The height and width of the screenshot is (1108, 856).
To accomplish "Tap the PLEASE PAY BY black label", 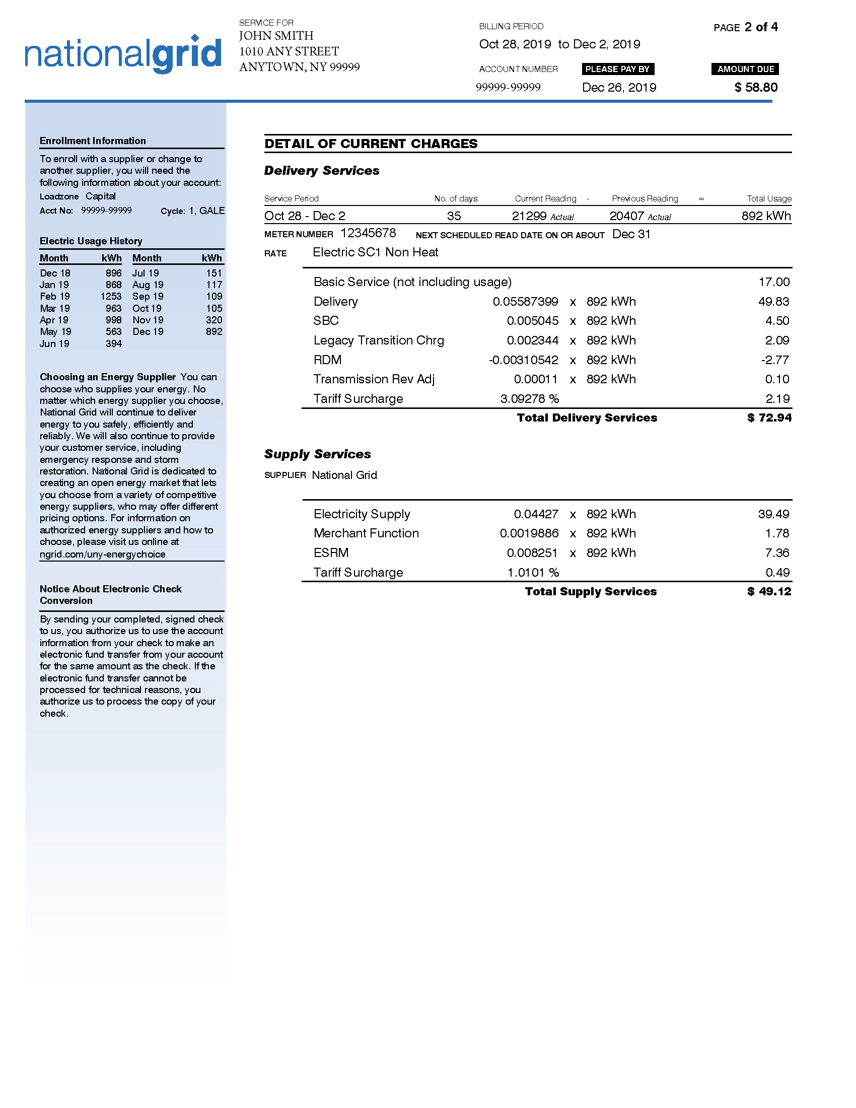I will tap(617, 69).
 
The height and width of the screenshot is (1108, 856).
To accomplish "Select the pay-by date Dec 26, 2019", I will tap(619, 88).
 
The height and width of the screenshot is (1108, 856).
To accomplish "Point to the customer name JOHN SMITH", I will tap(276, 36).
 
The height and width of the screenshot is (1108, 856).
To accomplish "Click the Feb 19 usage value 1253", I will tap(111, 296).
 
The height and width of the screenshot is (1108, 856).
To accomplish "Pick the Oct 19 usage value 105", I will tap(213, 308).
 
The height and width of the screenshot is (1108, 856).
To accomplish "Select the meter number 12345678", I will tap(368, 233).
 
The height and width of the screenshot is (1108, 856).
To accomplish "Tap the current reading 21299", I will tap(529, 216).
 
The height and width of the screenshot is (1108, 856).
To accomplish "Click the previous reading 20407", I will tap(626, 216).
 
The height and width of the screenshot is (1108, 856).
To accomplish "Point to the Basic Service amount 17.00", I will tap(774, 282).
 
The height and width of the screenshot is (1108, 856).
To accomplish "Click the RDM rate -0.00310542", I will tap(523, 360).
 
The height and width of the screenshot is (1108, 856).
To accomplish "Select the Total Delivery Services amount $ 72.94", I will tap(769, 418).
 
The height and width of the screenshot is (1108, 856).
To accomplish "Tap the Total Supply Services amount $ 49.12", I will tap(769, 592).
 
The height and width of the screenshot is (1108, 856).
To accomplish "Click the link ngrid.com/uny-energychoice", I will tap(102, 554).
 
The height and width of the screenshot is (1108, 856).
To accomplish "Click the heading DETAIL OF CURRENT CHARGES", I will tap(371, 144).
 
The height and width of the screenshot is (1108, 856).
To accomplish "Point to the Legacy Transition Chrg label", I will tap(378, 340).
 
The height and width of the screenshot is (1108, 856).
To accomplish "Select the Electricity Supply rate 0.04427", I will tap(536, 514).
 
